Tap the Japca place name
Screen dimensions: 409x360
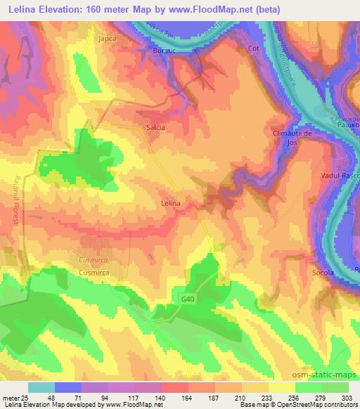pyautogui.click(x=108, y=39)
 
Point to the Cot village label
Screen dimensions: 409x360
pyautogui.click(x=254, y=48)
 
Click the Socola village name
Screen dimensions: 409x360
pyautogui.click(x=323, y=271)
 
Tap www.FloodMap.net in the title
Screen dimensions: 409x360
pyautogui.click(x=218, y=10)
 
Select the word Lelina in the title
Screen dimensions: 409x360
pyautogui.click(x=24, y=10)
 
